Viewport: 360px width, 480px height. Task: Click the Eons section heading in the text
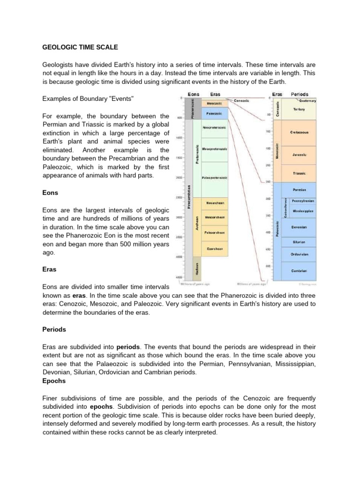[50, 192]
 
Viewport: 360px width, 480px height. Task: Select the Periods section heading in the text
[54, 330]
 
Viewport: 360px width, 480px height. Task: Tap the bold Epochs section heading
[54, 381]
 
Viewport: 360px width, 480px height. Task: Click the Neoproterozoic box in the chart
[215, 127]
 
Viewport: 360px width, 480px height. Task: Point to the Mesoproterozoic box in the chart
[215, 149]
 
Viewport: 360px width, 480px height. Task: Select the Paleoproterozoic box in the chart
[215, 178]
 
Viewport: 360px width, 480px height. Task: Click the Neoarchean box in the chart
[215, 203]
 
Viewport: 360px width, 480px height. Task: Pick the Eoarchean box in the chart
[215, 248]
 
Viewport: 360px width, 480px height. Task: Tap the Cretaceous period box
[299, 133]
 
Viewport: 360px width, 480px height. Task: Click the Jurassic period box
[299, 154]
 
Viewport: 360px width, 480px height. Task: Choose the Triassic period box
[299, 173]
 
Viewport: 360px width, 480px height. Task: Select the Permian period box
[299, 190]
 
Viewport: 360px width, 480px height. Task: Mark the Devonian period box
[299, 227]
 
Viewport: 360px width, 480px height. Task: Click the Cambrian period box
[299, 270]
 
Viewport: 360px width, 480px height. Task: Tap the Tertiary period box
[299, 109]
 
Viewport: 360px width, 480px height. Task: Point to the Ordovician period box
[299, 255]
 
